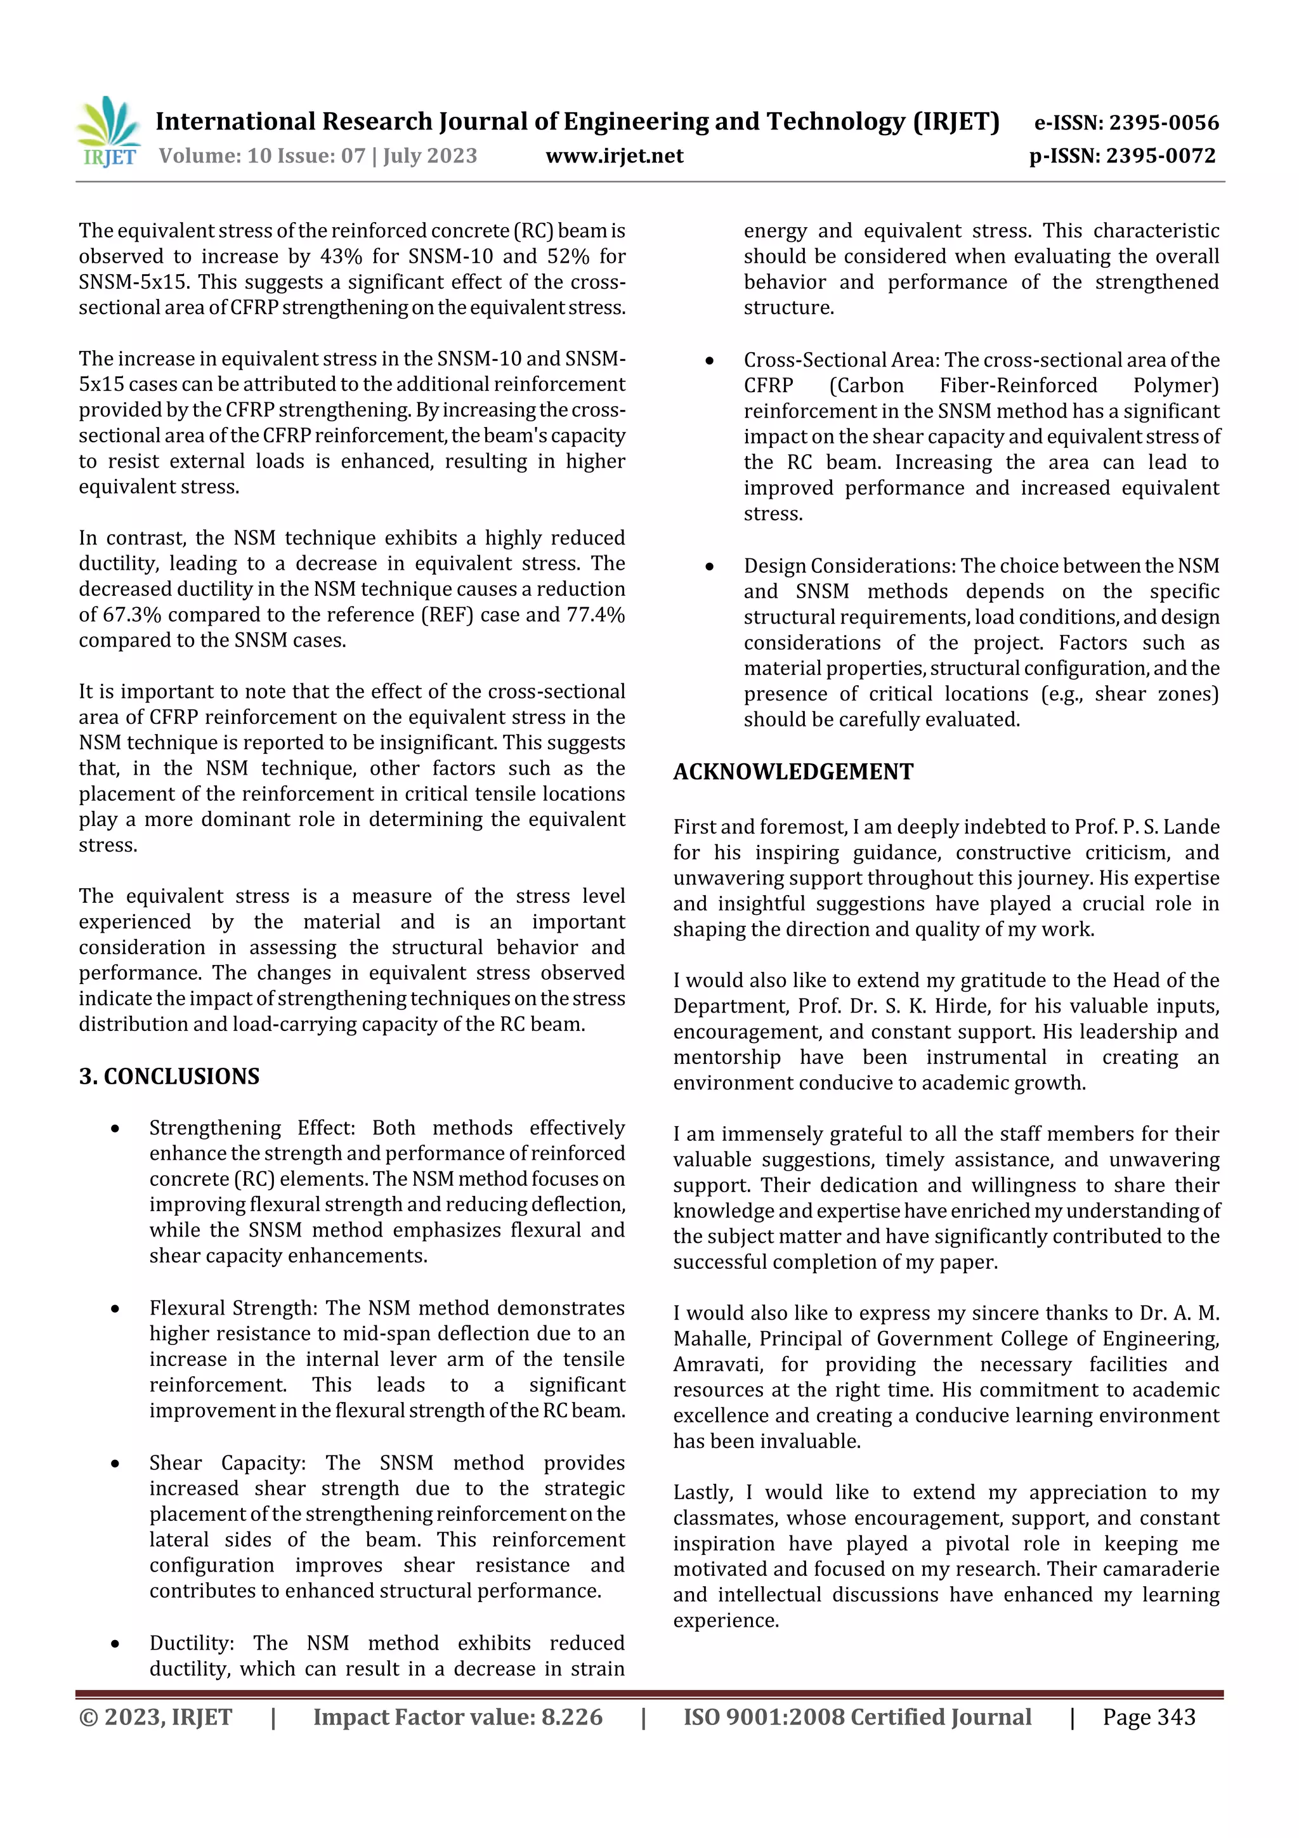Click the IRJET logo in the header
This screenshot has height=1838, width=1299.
[108, 133]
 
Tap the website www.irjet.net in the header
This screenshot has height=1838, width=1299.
[614, 156]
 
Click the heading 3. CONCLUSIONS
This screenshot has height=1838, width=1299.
[169, 1076]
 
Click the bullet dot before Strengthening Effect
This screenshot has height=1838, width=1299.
[116, 1129]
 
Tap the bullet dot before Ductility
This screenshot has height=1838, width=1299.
[116, 1643]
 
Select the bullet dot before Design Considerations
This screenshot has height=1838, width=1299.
[709, 567]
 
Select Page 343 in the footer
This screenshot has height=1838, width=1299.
[1149, 1717]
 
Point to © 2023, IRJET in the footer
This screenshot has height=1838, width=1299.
[155, 1717]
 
